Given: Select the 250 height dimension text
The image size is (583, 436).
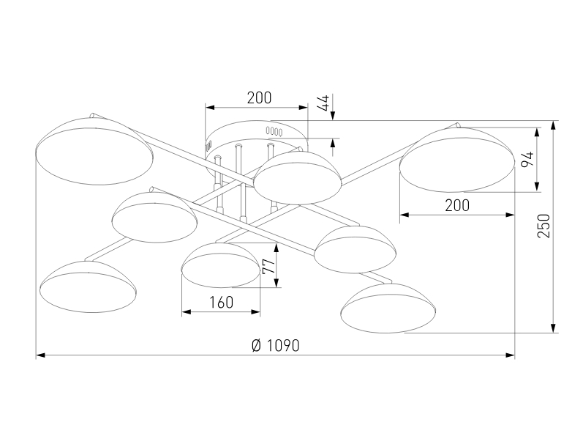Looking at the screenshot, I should (543, 227).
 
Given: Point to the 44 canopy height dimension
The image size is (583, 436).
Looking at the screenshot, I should (323, 103).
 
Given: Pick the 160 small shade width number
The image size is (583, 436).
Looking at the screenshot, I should (220, 302).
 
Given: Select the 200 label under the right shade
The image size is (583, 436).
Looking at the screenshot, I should (457, 206).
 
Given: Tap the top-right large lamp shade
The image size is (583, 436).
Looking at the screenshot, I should (456, 158).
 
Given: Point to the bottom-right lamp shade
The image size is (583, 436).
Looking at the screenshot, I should (388, 306).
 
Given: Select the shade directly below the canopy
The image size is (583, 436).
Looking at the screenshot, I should (297, 177).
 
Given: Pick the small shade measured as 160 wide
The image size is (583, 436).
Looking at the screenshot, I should (220, 265).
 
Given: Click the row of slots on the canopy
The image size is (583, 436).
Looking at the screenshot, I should (274, 130).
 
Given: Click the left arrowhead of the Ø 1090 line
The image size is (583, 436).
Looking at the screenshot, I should (40, 355).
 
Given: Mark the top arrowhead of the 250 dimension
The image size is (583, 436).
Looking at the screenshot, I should (554, 125).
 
